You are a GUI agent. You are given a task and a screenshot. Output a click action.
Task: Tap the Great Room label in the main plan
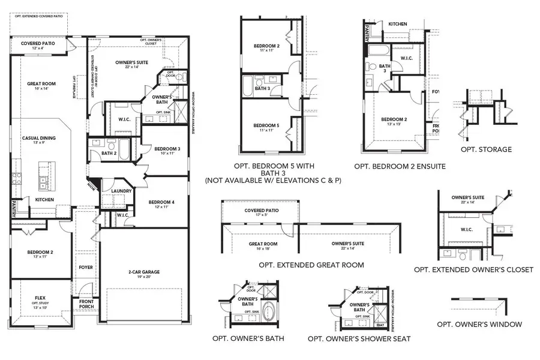(x=41, y=84)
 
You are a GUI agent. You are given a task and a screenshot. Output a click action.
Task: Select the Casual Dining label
(x=39, y=138)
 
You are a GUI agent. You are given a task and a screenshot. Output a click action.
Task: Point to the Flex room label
(x=40, y=298)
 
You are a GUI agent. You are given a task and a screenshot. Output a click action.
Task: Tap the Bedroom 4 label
(x=162, y=202)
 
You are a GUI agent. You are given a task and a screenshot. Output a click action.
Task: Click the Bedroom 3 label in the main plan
(x=167, y=149)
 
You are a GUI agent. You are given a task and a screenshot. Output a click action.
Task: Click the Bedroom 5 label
(x=266, y=125)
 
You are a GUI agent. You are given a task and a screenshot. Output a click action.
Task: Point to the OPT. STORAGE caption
(x=486, y=149)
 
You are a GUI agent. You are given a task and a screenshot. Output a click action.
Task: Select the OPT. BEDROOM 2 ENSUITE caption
(x=400, y=166)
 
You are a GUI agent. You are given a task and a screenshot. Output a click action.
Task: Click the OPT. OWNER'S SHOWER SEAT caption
(x=359, y=339)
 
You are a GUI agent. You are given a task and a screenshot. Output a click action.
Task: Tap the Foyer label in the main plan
(x=86, y=267)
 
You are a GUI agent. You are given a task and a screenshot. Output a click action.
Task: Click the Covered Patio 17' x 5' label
(x=262, y=211)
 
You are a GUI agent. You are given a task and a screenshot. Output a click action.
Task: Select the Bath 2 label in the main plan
(x=109, y=154)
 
